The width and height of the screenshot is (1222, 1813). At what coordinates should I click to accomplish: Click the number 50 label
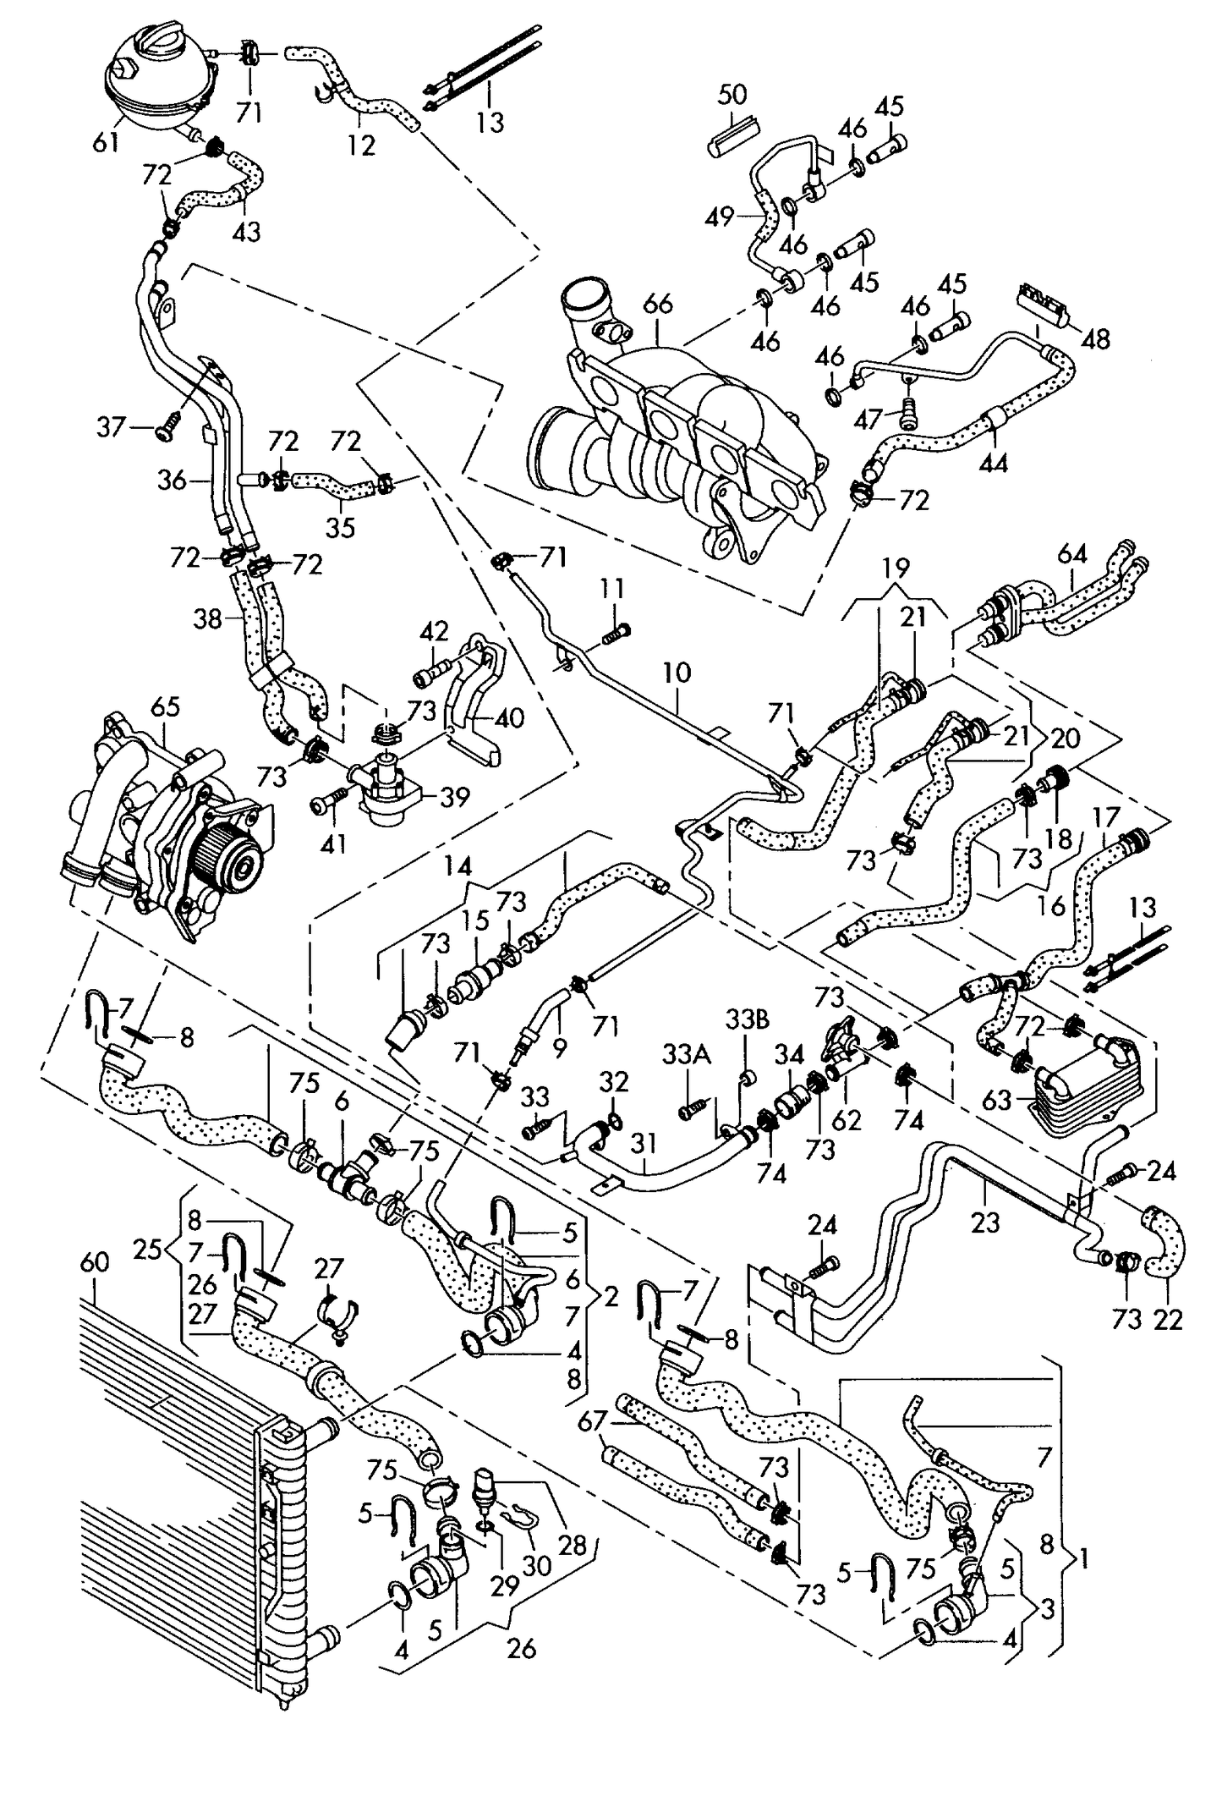[x=732, y=95]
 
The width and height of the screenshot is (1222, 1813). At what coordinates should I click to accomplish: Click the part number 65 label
[x=167, y=707]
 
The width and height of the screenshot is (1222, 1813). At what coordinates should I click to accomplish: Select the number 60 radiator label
[x=95, y=1262]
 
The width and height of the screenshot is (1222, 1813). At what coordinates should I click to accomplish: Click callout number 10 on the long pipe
[x=677, y=673]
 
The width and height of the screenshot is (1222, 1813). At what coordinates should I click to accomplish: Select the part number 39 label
[x=455, y=797]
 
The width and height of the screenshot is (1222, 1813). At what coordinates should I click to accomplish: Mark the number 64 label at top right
[x=1072, y=555]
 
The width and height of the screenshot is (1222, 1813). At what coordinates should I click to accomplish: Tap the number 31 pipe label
[x=644, y=1143]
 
